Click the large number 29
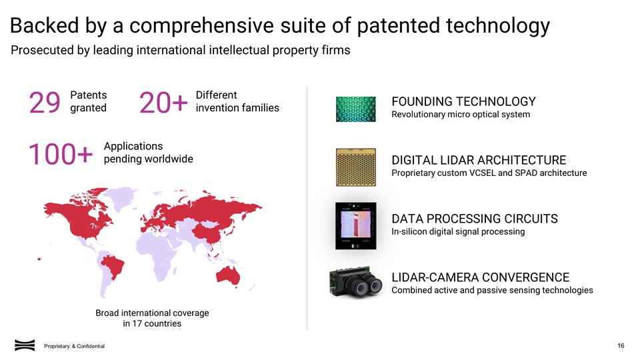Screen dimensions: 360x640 point(45,103)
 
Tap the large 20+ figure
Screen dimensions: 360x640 point(163,103)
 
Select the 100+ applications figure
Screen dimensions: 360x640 point(59,155)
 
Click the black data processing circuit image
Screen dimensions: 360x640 point(356,225)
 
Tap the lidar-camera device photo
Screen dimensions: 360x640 point(356,283)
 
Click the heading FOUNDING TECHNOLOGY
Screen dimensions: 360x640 point(463,101)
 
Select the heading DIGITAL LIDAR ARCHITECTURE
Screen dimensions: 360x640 point(479,160)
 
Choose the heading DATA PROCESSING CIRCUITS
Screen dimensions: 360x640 point(474,219)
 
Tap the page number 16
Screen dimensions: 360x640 point(621,345)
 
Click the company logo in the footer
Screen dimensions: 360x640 point(25,345)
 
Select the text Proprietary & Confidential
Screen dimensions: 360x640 point(74,345)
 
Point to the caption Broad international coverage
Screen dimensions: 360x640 point(152,313)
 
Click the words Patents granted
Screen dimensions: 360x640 point(89,101)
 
